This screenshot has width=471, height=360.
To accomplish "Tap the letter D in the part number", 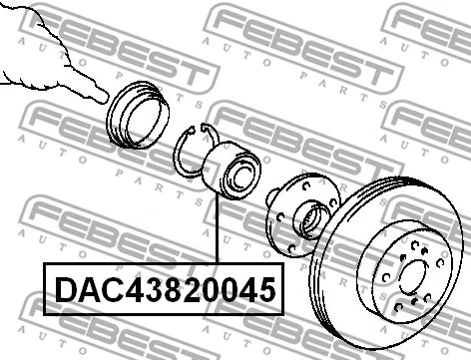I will coord(64,290).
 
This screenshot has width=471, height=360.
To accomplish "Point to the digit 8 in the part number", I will coord(161,290).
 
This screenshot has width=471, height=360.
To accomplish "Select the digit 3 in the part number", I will coord(142,290).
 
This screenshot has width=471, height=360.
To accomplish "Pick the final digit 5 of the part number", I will coord(262,290).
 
